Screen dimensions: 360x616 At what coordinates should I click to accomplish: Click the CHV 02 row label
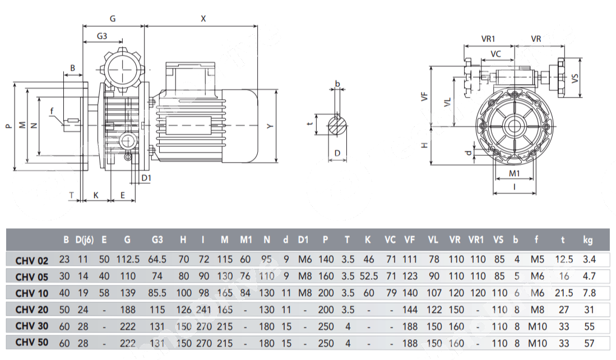[32, 260]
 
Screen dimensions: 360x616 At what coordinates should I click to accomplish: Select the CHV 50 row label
[32, 343]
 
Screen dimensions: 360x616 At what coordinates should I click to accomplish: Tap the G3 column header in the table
[158, 240]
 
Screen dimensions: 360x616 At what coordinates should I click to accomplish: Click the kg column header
[587, 240]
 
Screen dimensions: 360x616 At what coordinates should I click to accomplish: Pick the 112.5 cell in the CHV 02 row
[128, 260]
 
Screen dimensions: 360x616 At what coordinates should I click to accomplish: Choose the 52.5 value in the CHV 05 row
[368, 276]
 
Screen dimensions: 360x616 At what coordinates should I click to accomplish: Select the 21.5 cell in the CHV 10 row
[563, 293]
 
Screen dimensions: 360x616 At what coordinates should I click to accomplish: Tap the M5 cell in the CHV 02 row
[536, 260]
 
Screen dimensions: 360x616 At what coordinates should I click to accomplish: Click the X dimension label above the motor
[203, 19]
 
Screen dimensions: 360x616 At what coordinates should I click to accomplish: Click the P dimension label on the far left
[8, 126]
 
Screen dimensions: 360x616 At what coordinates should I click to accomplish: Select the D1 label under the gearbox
[146, 178]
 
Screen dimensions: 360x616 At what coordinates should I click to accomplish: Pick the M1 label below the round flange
[515, 173]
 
